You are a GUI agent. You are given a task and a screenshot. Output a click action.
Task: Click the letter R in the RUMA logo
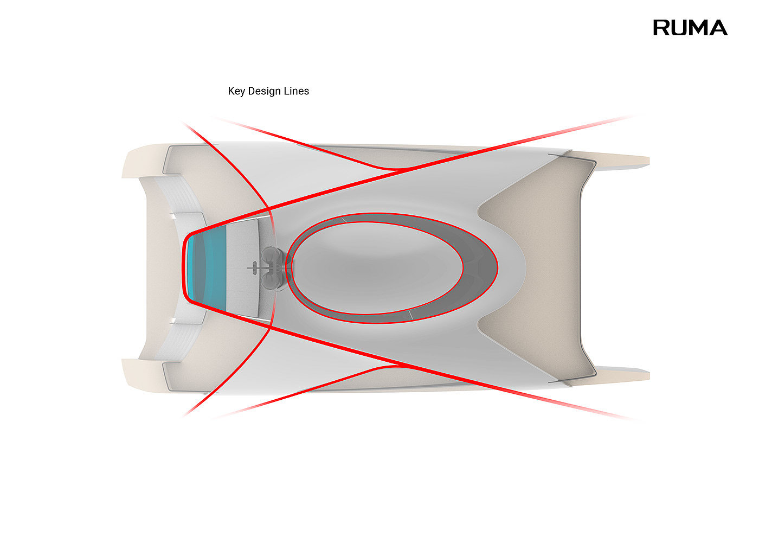click(662, 28)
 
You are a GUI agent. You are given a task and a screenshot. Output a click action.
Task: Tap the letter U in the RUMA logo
click(681, 28)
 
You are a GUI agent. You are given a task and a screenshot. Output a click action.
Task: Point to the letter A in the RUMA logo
click(719, 28)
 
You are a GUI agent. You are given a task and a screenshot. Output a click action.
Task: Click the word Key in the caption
click(236, 91)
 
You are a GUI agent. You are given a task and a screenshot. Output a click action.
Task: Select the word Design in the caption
click(264, 91)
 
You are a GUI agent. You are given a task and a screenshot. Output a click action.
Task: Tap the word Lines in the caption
click(296, 91)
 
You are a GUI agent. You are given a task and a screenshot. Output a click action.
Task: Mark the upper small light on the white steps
click(172, 215)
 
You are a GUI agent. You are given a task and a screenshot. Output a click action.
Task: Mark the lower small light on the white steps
click(172, 322)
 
